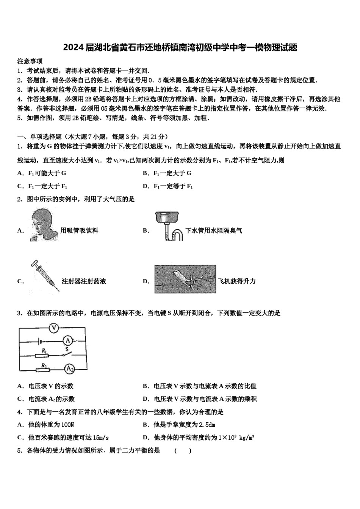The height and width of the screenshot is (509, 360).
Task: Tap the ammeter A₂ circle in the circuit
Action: click(x=69, y=368)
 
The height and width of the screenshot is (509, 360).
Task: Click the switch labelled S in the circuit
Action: click(x=67, y=354)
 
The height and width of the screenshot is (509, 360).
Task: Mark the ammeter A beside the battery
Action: click(x=67, y=340)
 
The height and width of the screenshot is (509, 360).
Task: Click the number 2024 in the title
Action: click(x=74, y=48)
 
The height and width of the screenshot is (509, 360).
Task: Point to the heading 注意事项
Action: click(x=30, y=61)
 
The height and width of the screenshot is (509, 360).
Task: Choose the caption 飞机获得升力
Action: click(x=237, y=281)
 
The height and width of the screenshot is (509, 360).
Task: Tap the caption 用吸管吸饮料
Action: click(x=80, y=230)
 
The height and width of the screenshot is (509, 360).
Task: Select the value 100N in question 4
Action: click(x=67, y=425)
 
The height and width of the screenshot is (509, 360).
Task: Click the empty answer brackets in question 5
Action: click(x=183, y=450)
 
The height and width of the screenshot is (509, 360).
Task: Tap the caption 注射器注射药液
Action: click(x=84, y=281)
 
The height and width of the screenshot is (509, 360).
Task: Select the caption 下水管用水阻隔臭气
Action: click(x=214, y=230)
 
